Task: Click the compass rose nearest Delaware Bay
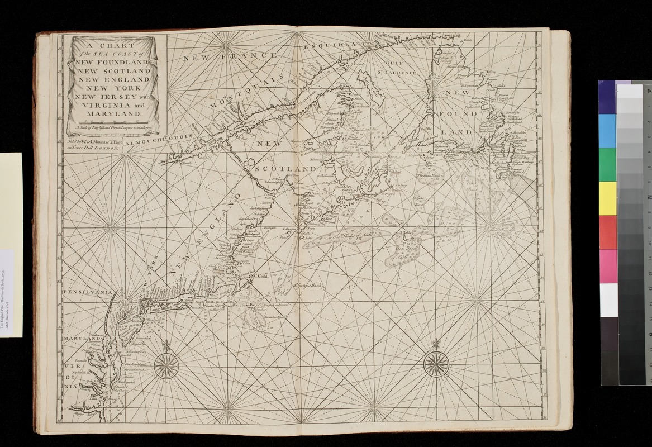point(166,366)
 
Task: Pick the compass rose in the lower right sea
point(436,365)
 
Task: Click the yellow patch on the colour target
point(608,198)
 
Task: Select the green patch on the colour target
point(608,164)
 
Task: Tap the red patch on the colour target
point(608,232)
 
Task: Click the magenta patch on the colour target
point(608,266)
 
